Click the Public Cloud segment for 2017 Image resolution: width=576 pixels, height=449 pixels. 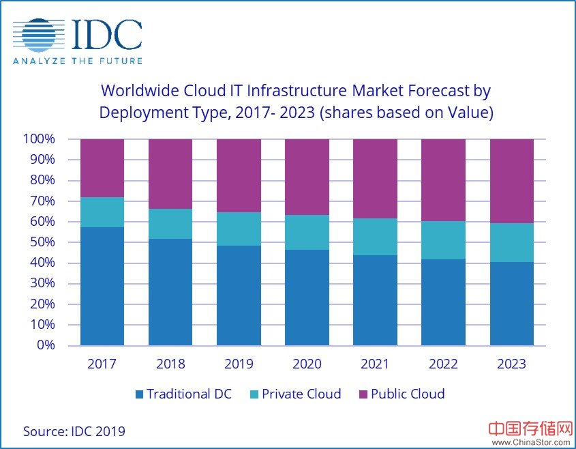click(102, 168)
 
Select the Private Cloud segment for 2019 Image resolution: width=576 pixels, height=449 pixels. click(239, 229)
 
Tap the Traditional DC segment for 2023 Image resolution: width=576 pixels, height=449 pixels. click(512, 304)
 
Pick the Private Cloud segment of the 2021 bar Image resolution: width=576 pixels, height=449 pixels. click(375, 237)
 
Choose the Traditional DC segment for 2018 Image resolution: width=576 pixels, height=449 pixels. click(170, 292)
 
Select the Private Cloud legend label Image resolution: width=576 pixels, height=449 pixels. click(301, 394)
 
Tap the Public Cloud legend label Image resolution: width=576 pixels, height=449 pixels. click(408, 394)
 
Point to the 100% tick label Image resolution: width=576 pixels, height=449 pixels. click(40, 139)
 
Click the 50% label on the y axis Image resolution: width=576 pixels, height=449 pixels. click(42, 242)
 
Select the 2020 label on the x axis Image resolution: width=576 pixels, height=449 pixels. click(307, 364)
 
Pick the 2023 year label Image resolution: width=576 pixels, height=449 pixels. click(511, 364)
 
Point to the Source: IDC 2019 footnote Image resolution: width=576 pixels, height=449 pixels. click(74, 431)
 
